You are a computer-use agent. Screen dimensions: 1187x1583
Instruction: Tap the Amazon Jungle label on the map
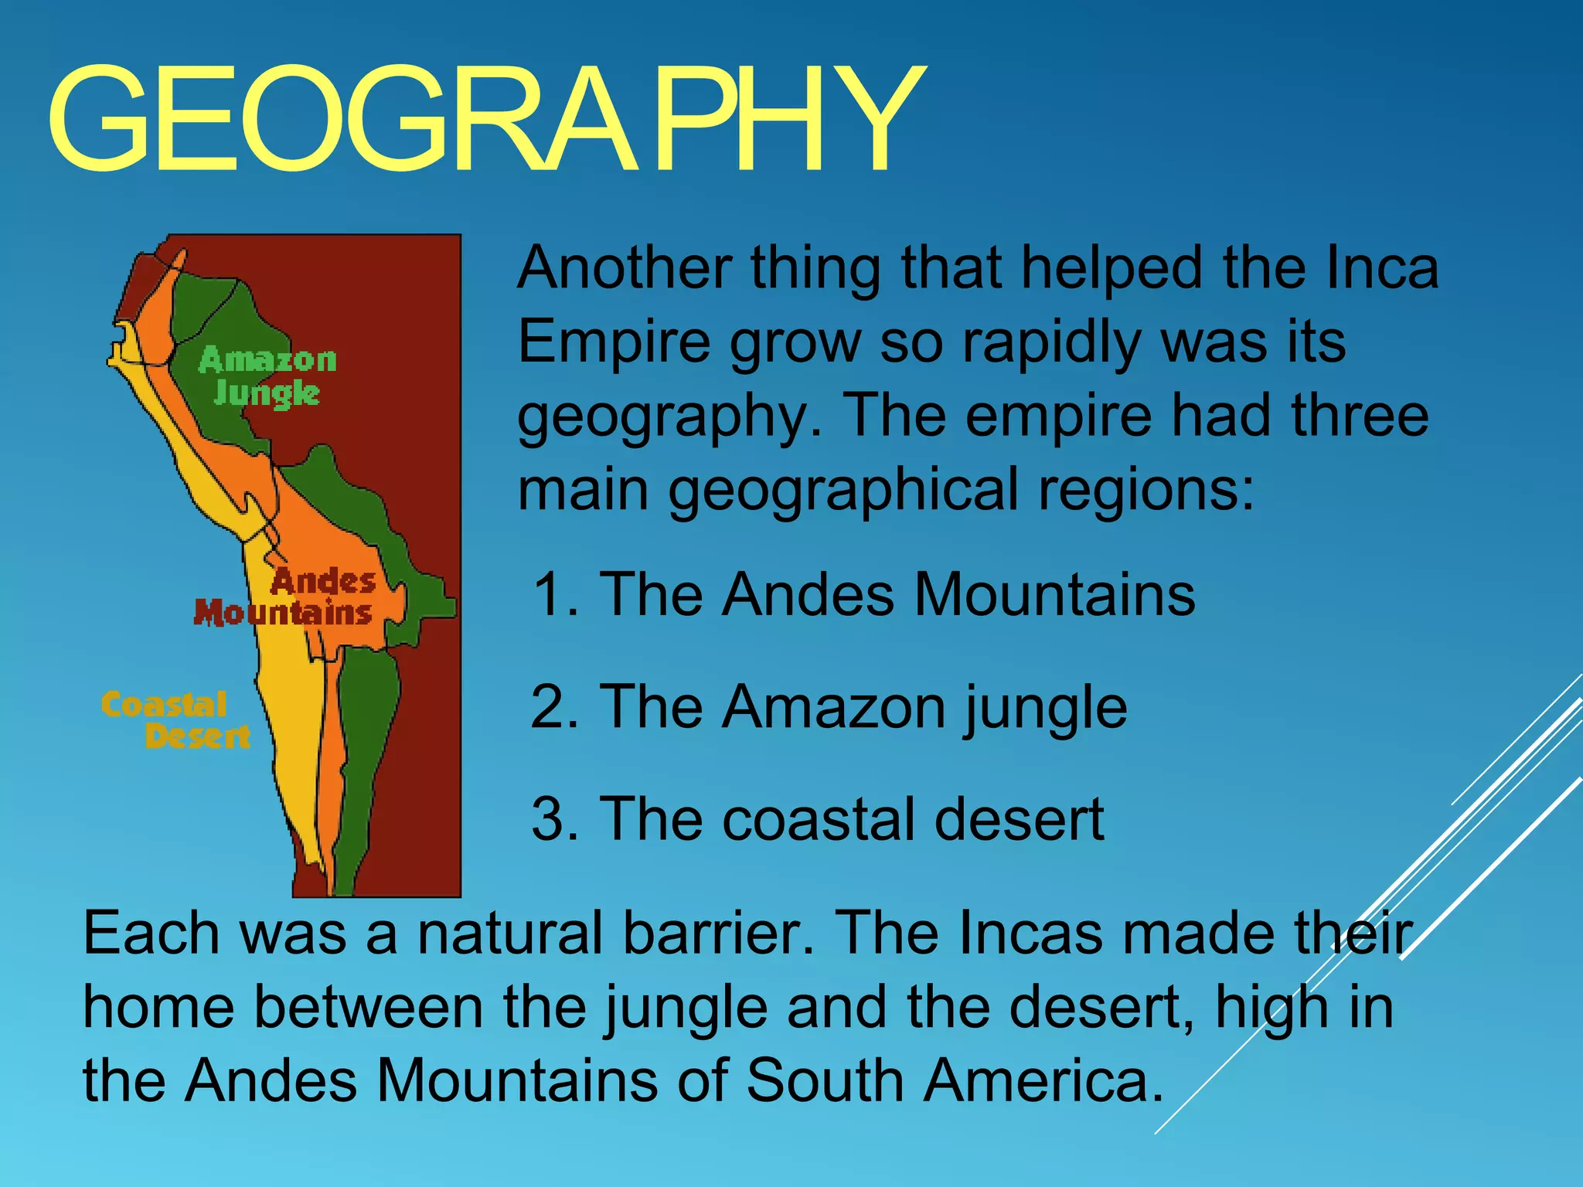pos(267,376)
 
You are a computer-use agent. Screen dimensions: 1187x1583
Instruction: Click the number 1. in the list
pos(556,594)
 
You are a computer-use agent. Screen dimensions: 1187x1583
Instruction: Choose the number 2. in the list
pos(554,706)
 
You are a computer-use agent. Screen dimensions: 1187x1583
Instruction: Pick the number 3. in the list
pos(554,819)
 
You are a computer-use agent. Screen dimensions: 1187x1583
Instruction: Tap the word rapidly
pos(1050,342)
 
